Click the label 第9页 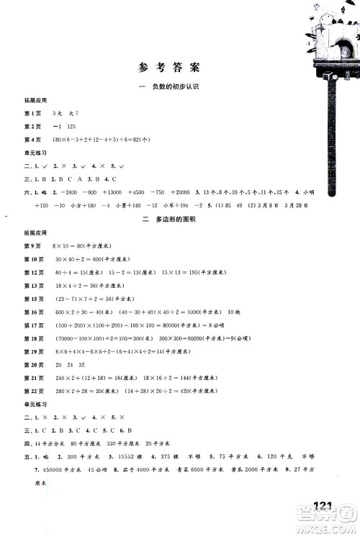tap(33, 245)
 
